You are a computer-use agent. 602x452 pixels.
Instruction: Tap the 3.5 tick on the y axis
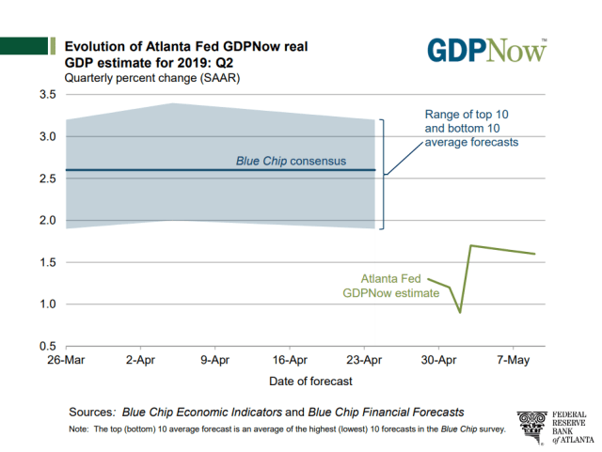46,95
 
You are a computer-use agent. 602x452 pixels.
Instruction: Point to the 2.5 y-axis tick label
46,179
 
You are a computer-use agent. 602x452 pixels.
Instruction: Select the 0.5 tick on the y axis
46,346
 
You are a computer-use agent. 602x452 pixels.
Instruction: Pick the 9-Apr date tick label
214,360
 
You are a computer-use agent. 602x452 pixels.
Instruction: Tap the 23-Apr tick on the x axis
365,360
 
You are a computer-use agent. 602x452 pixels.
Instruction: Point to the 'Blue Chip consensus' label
291,161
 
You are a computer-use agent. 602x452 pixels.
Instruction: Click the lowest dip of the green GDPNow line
460,311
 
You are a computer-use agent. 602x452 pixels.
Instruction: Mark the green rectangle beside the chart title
25,46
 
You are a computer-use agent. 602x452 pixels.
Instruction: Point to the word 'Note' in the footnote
79,429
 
